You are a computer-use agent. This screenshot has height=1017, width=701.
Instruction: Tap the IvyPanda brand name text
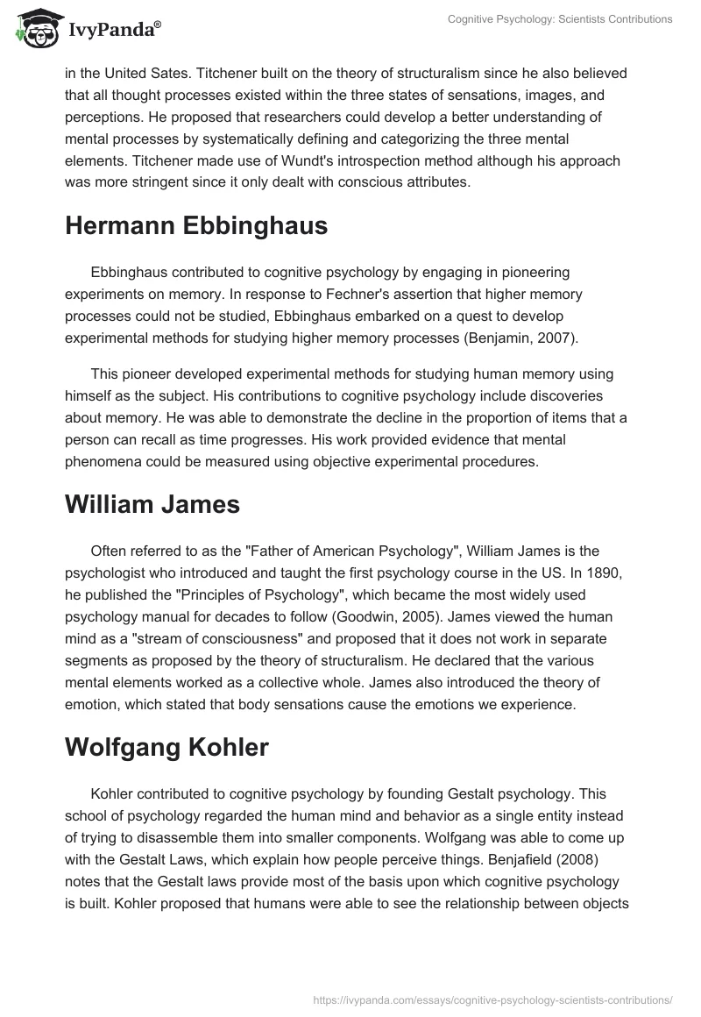114,31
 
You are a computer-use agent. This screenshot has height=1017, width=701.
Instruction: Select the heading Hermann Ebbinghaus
196,225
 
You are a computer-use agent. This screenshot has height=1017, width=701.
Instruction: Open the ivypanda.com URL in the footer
493,999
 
